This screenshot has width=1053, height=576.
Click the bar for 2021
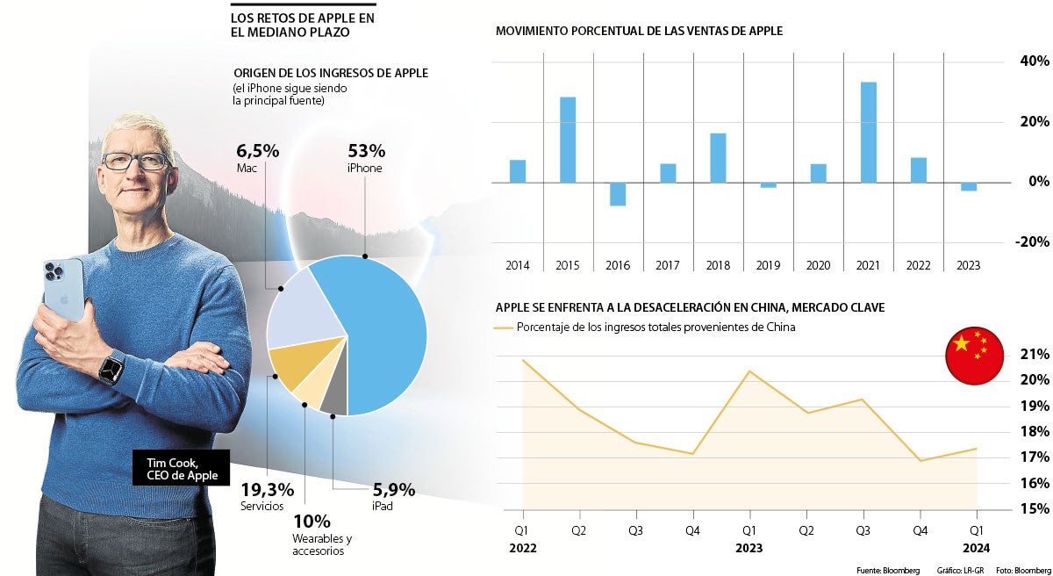point(868,132)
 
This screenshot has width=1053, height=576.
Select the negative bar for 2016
point(618,194)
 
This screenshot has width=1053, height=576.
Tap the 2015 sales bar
point(568,140)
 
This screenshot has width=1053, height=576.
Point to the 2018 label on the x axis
point(718,265)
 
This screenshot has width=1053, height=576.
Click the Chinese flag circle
point(974,356)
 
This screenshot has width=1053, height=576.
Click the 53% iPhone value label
point(366,151)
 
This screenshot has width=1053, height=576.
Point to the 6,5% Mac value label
point(257,151)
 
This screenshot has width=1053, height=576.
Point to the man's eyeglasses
point(135,162)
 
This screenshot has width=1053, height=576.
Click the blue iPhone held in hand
point(64,290)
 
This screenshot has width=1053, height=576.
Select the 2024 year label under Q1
point(976,547)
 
